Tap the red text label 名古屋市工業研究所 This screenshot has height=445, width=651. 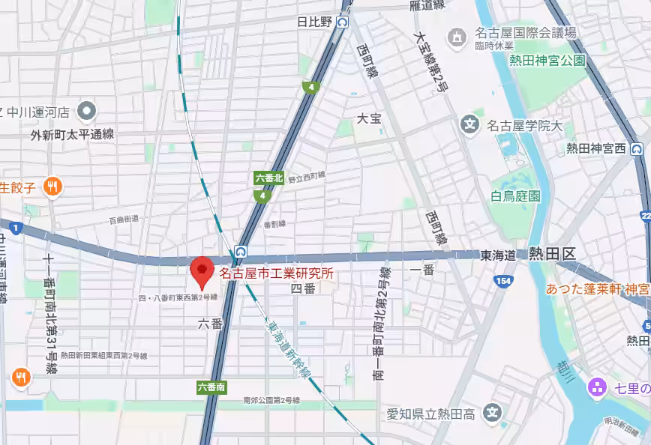coord(275,274)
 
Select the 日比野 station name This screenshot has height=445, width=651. coord(314,22)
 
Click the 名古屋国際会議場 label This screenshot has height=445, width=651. coord(525,33)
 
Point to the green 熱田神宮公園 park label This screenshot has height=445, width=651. coord(547,61)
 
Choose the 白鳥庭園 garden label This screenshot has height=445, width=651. coord(515,196)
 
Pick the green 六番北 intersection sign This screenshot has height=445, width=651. coord(268,178)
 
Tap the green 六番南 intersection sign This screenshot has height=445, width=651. coord(211,387)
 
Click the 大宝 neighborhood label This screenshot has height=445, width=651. coord(369,118)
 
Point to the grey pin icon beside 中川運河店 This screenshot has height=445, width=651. coord(87,112)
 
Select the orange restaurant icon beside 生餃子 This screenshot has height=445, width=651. coord(52,187)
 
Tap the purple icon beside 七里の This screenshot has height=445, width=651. coord(598,387)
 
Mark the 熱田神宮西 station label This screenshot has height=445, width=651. coord(595,148)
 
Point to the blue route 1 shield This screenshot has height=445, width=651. coord(16,227)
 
